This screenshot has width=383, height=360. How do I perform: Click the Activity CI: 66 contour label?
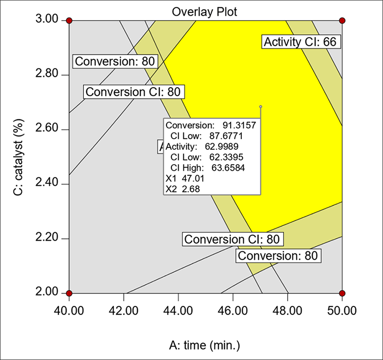(x=301, y=42)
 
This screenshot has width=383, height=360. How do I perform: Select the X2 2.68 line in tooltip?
(x=183, y=189)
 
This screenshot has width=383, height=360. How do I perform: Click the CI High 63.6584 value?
(x=239, y=168)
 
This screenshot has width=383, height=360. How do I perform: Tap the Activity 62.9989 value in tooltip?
(x=239, y=147)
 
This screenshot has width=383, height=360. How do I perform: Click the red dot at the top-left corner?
(x=69, y=21)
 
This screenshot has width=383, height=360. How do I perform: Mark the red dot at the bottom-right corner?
(x=342, y=293)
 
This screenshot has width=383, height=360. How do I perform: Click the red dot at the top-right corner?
(x=342, y=21)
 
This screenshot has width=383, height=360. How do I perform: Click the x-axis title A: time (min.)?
(x=205, y=344)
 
